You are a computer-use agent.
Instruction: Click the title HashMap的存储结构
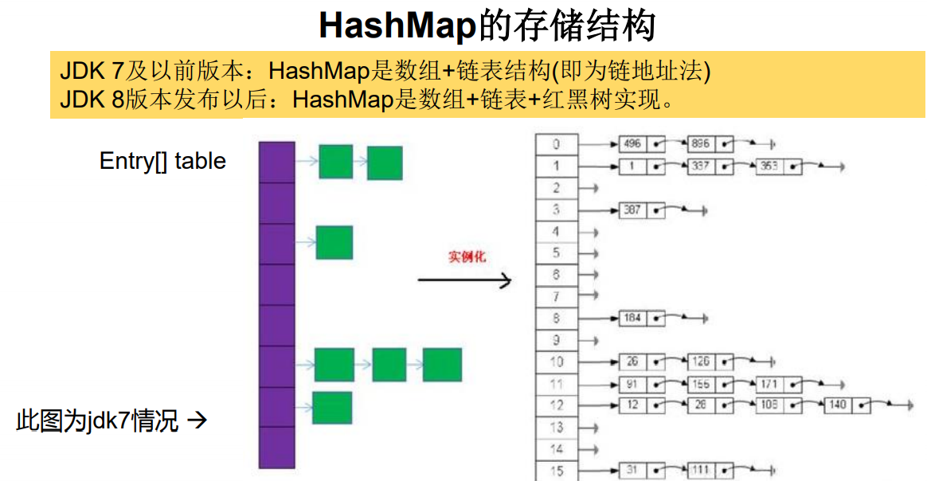(x=487, y=25)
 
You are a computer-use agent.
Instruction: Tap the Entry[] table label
(x=162, y=161)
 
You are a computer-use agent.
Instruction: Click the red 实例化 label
(x=467, y=256)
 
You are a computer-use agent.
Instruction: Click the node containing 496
(x=642, y=145)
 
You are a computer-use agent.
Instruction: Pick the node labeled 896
(x=710, y=145)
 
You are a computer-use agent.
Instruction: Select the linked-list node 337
(x=710, y=167)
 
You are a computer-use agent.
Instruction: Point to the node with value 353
(x=778, y=167)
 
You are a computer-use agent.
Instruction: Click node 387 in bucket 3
(x=642, y=210)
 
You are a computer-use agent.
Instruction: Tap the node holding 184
(x=642, y=318)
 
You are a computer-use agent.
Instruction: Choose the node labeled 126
(x=710, y=362)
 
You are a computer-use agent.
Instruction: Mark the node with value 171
(x=778, y=384)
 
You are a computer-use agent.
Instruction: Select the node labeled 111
(x=710, y=471)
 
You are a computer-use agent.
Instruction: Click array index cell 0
(x=557, y=145)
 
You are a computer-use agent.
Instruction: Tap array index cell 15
(x=557, y=471)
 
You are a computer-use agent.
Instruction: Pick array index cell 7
(x=557, y=296)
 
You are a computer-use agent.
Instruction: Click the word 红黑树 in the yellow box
(x=566, y=100)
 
